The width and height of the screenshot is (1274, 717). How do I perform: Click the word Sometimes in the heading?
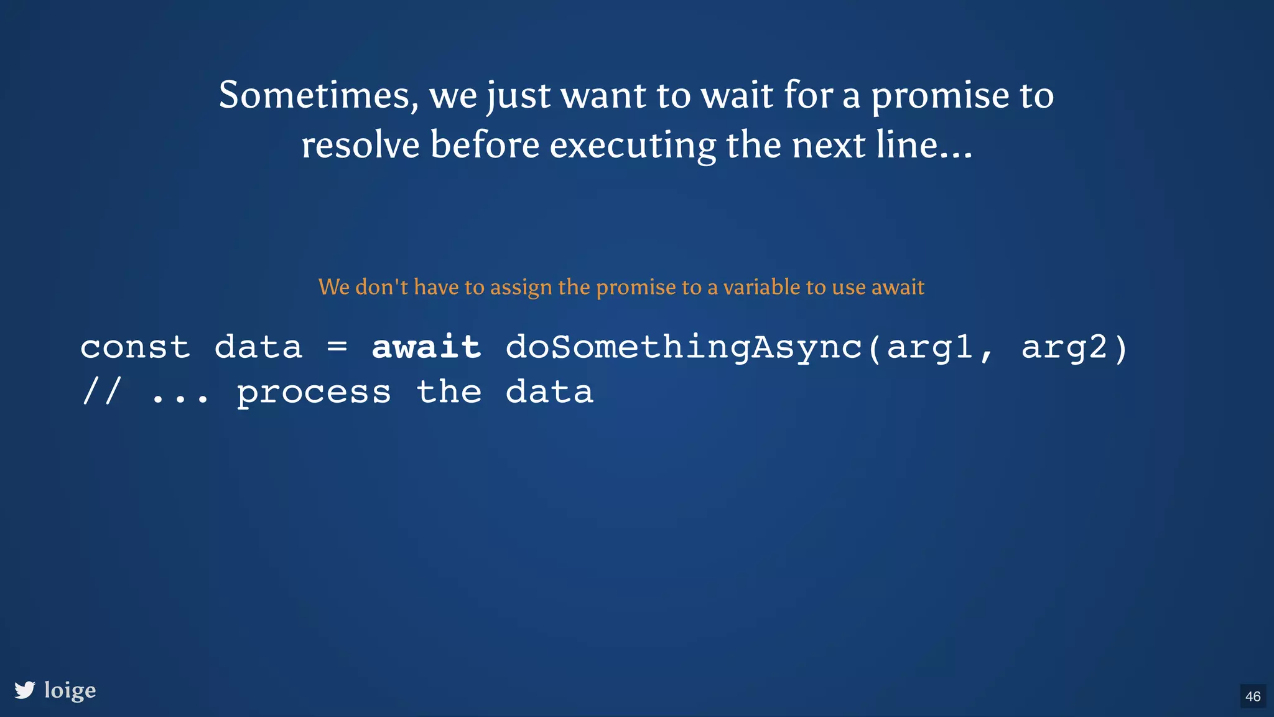[x=314, y=96]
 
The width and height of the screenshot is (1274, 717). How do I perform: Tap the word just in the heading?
[x=518, y=96]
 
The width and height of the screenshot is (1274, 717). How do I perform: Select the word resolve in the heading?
[x=360, y=146]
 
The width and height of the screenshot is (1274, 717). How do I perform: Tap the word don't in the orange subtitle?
[x=381, y=287]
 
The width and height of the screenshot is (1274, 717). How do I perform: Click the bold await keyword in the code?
[x=426, y=347]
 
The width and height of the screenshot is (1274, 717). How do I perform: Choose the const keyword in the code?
[x=135, y=347]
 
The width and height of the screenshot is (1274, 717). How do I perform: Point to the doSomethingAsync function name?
[x=684, y=347]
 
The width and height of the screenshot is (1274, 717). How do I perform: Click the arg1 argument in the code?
[x=930, y=347]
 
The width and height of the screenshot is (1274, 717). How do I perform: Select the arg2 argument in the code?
[x=1064, y=347]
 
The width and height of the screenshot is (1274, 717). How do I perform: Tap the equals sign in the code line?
[x=337, y=347]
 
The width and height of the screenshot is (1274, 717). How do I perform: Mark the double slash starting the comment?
[x=101, y=392]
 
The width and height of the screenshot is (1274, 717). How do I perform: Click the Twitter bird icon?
[x=25, y=690]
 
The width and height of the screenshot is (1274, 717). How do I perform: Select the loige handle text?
[x=70, y=690]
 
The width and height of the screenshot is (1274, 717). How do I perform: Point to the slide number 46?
[x=1253, y=696]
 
